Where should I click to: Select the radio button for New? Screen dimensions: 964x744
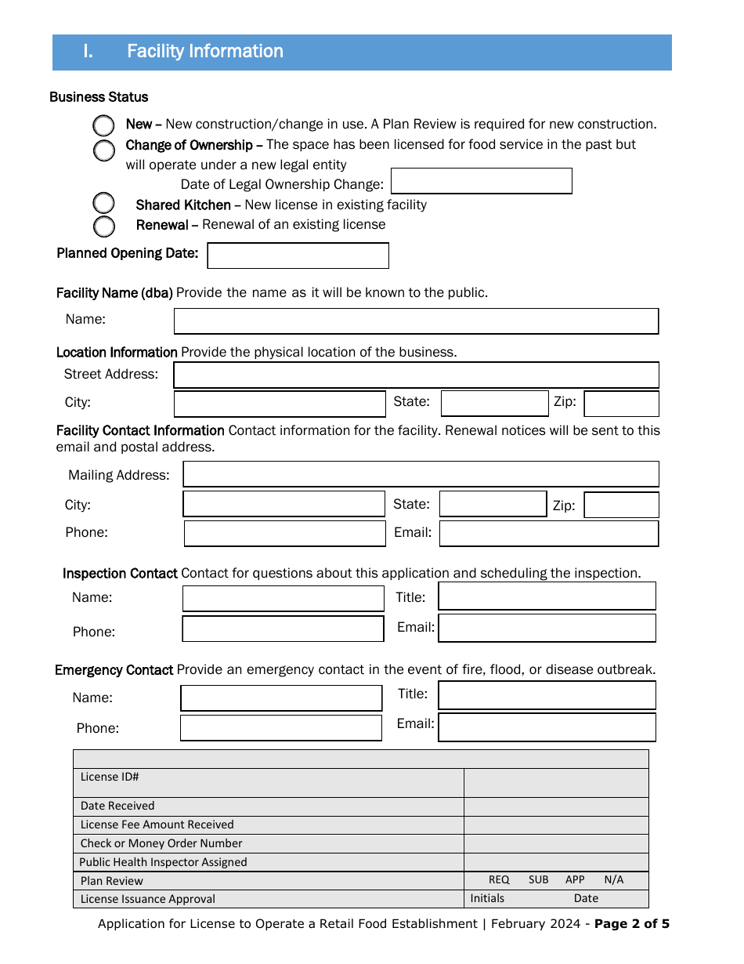coord(104,125)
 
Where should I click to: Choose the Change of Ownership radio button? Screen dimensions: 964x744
coord(104,150)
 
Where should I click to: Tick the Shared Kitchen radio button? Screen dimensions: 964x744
coord(104,204)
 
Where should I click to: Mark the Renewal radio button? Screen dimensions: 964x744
coord(104,227)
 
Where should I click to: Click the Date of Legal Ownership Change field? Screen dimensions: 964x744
coord(481,181)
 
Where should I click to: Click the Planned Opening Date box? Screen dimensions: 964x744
coord(298,255)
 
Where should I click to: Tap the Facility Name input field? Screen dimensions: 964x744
coord(416,321)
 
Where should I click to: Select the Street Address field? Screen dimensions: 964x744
coord(416,375)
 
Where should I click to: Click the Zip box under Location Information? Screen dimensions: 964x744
coord(621,404)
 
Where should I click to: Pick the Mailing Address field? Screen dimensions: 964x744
coord(421,474)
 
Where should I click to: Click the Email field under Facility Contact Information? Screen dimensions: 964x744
coord(548,534)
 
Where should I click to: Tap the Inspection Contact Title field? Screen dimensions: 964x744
coord(547,596)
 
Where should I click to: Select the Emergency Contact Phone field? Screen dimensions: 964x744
coord(280,727)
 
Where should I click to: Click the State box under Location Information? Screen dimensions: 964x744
coord(494,404)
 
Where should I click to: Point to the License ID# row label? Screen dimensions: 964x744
coord(110,777)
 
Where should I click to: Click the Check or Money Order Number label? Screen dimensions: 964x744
coord(161,843)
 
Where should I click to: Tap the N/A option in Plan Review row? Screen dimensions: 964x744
coord(614,879)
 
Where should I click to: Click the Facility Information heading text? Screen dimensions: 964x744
coord(205,52)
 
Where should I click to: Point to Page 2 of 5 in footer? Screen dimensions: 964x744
coord(631,923)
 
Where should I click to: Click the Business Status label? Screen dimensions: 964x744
coord(99,97)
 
